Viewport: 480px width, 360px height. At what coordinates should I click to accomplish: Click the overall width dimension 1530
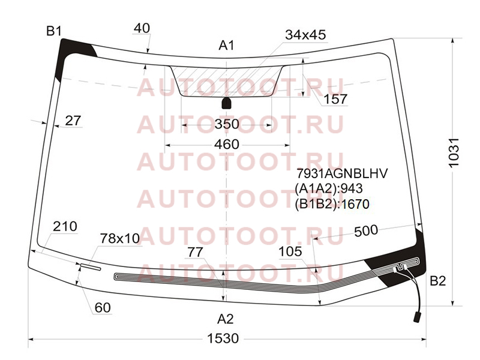[x=223, y=338]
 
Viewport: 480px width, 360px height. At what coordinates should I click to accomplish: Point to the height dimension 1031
[x=454, y=152]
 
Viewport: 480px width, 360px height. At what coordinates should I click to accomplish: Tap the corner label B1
[x=54, y=31]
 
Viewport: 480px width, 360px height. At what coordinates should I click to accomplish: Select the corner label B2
[x=438, y=280]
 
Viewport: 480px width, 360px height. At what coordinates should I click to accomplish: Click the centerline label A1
[x=226, y=46]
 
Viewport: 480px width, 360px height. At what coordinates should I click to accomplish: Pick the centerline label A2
[x=226, y=319]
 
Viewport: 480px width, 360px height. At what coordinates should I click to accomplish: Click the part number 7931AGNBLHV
[x=342, y=173]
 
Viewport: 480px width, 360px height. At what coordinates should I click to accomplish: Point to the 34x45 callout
[x=305, y=35]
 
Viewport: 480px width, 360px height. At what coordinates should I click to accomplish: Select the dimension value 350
[x=227, y=124]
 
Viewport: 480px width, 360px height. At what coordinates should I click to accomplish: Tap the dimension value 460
[x=227, y=145]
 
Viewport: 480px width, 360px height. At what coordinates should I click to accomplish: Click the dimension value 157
[x=335, y=99]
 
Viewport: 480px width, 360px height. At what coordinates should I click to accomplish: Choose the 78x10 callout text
[x=120, y=238]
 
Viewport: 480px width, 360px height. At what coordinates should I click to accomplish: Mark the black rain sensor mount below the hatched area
[x=227, y=103]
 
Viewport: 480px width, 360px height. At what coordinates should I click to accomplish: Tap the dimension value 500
[x=366, y=230]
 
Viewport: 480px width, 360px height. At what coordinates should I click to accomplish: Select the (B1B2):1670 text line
[x=332, y=204]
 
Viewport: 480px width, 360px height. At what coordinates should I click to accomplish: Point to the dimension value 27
[x=73, y=121]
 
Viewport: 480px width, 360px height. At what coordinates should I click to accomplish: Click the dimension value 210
[x=65, y=227]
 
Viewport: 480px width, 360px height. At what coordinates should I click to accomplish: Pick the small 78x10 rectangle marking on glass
[x=91, y=267]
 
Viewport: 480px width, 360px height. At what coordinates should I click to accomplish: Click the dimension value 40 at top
[x=142, y=28]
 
